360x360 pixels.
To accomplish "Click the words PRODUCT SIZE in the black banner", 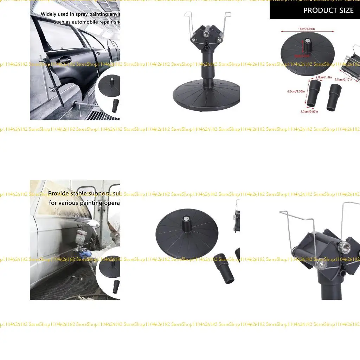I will click(x=328, y=11).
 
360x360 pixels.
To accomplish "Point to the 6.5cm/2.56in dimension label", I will click(x=296, y=91).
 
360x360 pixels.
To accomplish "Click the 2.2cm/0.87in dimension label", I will click(x=309, y=111).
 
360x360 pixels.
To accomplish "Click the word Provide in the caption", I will click(x=59, y=193).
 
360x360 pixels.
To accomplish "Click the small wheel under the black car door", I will click(x=75, y=102).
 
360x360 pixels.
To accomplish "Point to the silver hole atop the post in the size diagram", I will click(x=307, y=41).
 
